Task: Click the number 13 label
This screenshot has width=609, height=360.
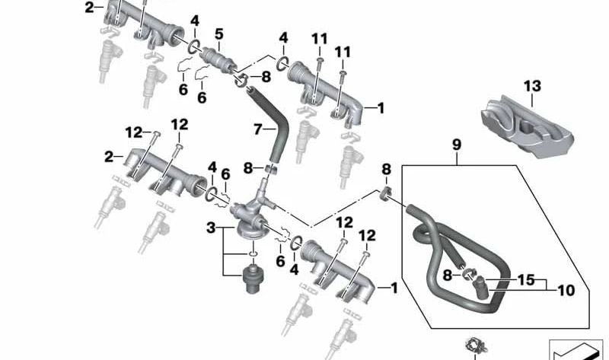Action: [x=532, y=86]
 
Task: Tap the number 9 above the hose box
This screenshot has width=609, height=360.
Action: [x=457, y=145]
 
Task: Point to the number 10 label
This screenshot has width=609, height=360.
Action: [x=566, y=290]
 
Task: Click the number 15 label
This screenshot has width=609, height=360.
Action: [x=526, y=279]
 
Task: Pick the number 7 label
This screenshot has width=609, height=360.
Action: [x=258, y=129]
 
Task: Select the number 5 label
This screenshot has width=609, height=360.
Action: [x=219, y=34]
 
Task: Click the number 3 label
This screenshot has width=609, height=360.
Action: [x=211, y=228]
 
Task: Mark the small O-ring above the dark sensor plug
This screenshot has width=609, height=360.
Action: [x=253, y=253]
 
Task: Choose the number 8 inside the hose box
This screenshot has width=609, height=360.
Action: [x=448, y=276]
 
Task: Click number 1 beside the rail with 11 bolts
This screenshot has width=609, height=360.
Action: [x=381, y=108]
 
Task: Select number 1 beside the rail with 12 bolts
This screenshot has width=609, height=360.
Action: [x=394, y=288]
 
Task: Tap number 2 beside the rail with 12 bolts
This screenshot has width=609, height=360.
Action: [x=109, y=157]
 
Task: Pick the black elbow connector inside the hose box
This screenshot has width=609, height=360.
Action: [x=480, y=288]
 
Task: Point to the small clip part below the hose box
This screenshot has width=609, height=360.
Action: [x=476, y=346]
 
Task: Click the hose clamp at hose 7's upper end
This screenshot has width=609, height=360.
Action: [x=241, y=80]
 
